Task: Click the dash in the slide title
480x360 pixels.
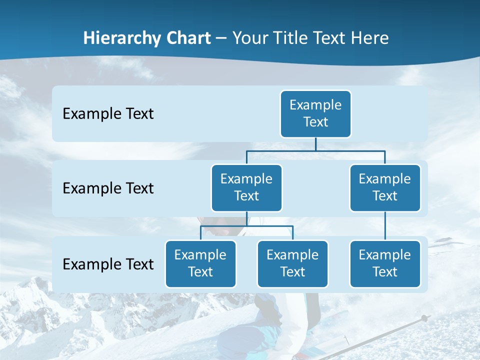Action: click(221, 38)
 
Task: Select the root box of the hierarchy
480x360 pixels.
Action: click(315, 113)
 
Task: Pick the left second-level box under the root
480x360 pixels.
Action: click(246, 187)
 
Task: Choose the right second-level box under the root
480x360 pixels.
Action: click(385, 187)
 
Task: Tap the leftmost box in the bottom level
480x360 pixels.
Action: click(200, 263)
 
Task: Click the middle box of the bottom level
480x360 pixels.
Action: click(292, 263)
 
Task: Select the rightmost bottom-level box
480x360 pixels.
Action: click(385, 263)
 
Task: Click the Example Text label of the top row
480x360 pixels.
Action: click(108, 113)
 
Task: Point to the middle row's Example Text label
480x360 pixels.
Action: click(108, 188)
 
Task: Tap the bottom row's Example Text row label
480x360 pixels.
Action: click(108, 264)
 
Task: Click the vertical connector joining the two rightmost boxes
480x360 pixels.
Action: click(385, 226)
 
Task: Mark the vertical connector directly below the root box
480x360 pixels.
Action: click(315, 143)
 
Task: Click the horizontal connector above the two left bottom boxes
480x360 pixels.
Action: click(246, 226)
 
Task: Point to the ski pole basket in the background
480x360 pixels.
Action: click(424, 318)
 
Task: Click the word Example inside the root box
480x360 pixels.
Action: click(315, 105)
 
